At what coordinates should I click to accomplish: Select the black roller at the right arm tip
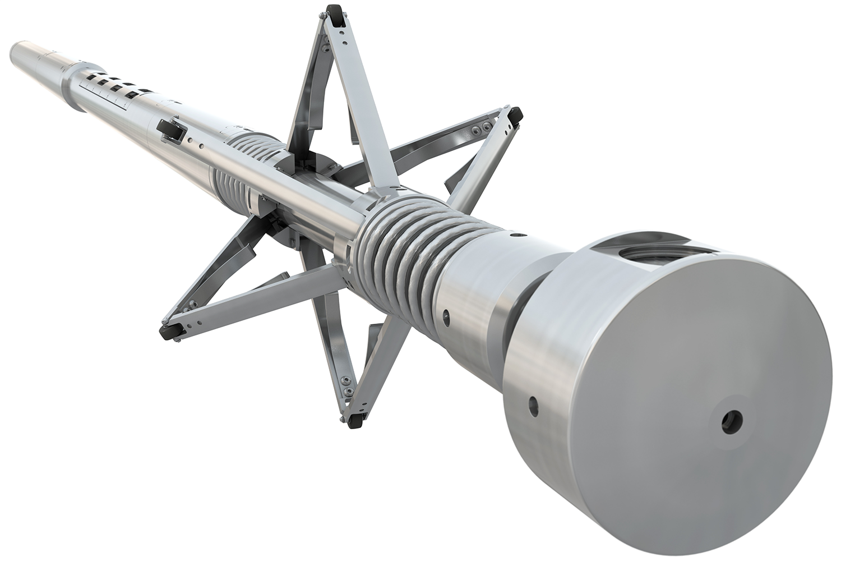pos(515,115)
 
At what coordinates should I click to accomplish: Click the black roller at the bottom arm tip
pos(354,420)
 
